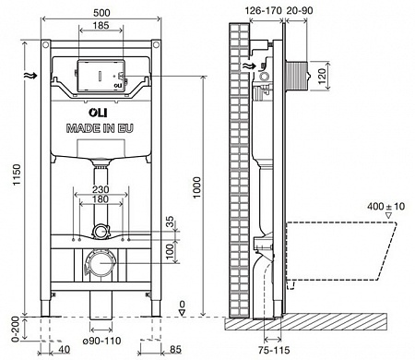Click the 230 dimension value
pyautogui.click(x=101, y=191)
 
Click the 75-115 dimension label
pyautogui.click(x=274, y=350)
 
